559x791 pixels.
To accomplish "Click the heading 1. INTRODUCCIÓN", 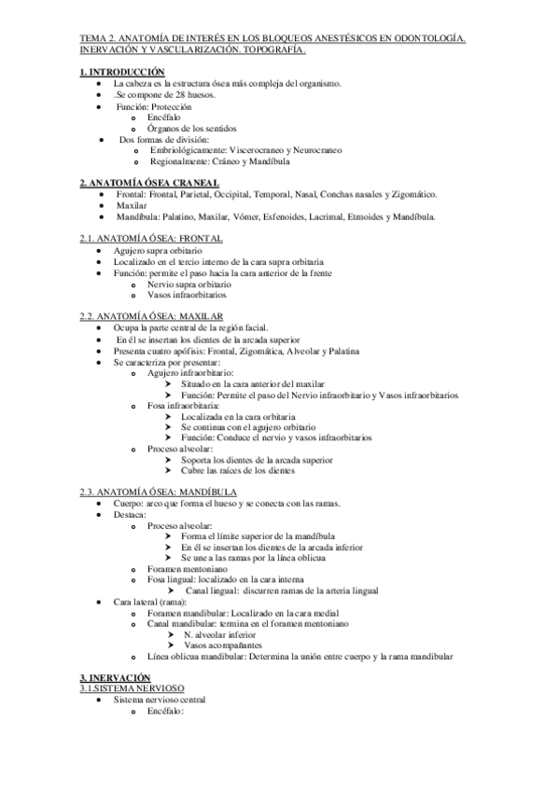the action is point(122,72).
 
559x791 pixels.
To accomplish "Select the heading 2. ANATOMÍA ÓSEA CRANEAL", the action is point(150,182).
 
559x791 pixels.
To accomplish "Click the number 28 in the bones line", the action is point(177,94).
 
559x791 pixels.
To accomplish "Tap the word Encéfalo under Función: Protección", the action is point(165,117).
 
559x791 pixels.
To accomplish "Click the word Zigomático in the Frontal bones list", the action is point(412,193).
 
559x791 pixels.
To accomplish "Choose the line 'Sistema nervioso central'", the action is point(157,699).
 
